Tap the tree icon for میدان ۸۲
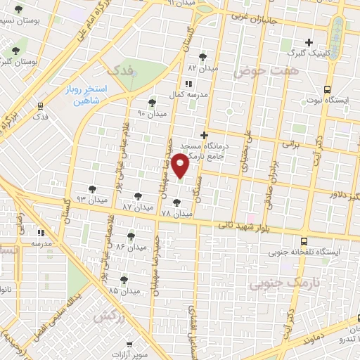point(203,57)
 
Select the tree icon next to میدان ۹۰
point(153,103)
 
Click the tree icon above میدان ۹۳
point(91,188)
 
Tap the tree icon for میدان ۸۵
point(124,279)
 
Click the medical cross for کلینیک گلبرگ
point(309,42)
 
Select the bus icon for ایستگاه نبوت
point(327,89)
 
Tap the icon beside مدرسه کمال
point(187,83)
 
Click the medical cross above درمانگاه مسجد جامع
point(204,135)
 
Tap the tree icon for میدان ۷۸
point(176,202)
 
